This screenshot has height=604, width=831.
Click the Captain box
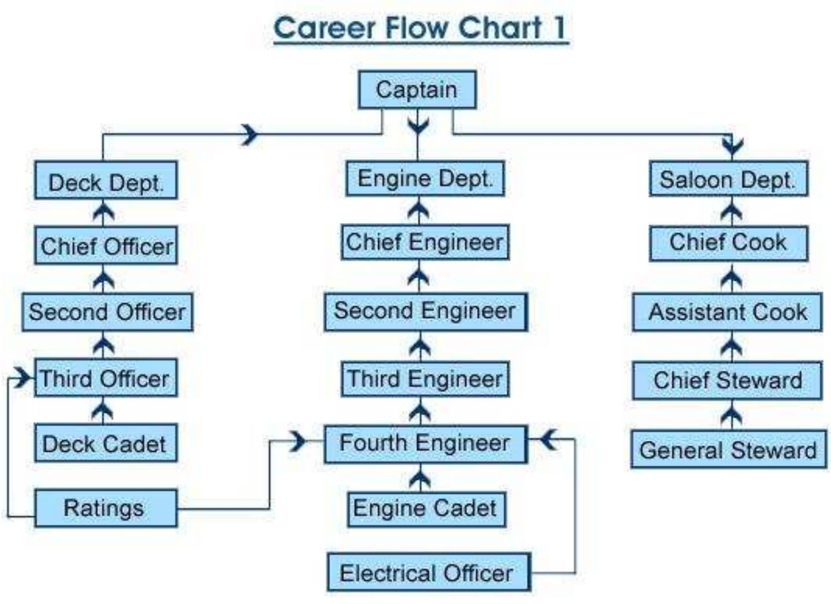[417, 90]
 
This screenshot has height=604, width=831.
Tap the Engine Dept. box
[425, 178]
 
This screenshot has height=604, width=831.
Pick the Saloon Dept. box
[728, 179]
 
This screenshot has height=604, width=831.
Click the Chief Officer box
[106, 246]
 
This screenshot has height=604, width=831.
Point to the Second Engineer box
[425, 312]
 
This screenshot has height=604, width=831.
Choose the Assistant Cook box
[727, 312]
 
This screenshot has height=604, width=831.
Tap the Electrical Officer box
[428, 573]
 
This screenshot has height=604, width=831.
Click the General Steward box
[728, 450]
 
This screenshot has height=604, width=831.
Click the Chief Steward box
[727, 381]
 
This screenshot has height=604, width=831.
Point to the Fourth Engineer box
[425, 443]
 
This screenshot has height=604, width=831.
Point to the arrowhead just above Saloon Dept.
[732, 145]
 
